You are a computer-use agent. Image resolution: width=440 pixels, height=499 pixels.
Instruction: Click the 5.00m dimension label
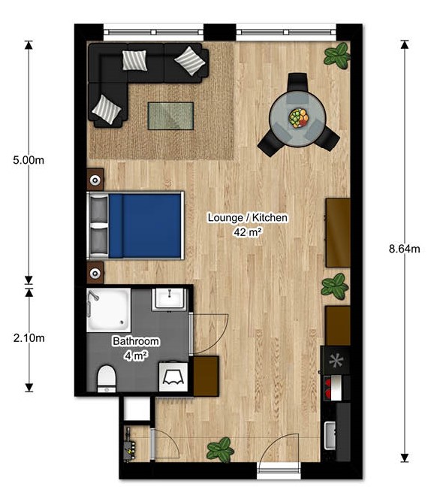pos(29,160)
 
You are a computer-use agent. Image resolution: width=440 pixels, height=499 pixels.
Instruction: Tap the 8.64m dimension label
pos(405,249)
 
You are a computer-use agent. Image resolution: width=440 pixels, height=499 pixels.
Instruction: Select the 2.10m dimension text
pos(29,338)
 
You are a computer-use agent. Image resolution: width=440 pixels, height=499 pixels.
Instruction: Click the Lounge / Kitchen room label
pos(248,218)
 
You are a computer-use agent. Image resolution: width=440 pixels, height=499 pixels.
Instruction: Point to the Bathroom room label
pos(136,341)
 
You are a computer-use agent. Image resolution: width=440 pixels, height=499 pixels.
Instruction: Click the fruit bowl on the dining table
pos(299,118)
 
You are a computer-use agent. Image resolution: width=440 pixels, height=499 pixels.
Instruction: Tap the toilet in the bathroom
pos(107,379)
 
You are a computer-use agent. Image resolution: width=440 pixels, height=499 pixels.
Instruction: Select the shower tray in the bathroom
pos(109,310)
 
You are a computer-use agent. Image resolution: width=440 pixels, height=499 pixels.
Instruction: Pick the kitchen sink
pos(330,435)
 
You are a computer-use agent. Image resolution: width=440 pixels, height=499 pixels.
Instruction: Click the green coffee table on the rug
pos(170,116)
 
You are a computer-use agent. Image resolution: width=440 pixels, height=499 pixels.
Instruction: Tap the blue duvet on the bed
pos(145,225)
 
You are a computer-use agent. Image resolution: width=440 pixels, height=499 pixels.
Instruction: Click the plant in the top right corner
pos(337,56)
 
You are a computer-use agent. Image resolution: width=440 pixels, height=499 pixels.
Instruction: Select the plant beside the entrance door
pos(220,449)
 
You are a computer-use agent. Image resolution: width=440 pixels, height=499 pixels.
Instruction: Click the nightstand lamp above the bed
pos(95,180)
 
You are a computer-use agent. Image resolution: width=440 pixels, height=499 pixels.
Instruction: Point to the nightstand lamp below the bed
pos(95,273)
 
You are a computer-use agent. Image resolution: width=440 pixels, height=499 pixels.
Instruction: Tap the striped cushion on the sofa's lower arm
pos(107,110)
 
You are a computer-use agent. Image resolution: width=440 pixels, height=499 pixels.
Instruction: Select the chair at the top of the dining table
pos(297,83)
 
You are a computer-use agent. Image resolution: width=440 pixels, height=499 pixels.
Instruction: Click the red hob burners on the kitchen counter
pos(327,388)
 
